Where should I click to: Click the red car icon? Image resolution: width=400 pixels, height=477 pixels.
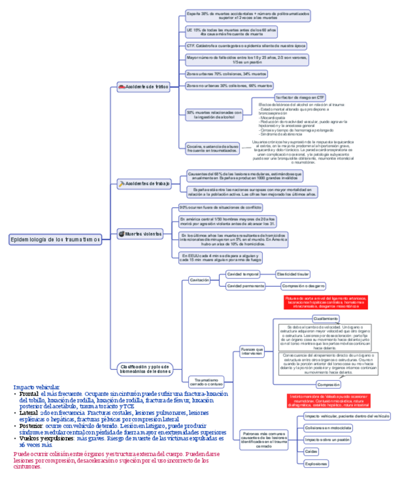[121, 87]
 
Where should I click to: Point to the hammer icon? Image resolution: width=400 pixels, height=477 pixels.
[121, 183]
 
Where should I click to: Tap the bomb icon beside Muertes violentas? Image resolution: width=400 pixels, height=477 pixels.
[121, 233]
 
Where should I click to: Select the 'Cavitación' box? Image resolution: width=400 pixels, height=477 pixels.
[199, 280]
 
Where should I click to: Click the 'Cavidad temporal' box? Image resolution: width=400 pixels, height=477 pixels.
[243, 274]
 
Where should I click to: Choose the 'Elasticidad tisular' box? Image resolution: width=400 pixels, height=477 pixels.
[293, 274]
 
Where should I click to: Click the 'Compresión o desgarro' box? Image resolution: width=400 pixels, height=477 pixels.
[303, 286]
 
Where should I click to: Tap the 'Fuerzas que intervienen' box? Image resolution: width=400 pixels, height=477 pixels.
[251, 352]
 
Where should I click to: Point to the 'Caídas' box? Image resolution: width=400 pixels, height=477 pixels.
[311, 451]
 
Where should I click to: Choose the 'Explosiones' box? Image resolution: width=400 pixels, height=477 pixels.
[315, 463]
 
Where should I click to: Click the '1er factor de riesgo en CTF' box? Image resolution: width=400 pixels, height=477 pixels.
[300, 97]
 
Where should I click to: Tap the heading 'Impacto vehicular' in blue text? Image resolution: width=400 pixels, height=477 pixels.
[36, 387]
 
